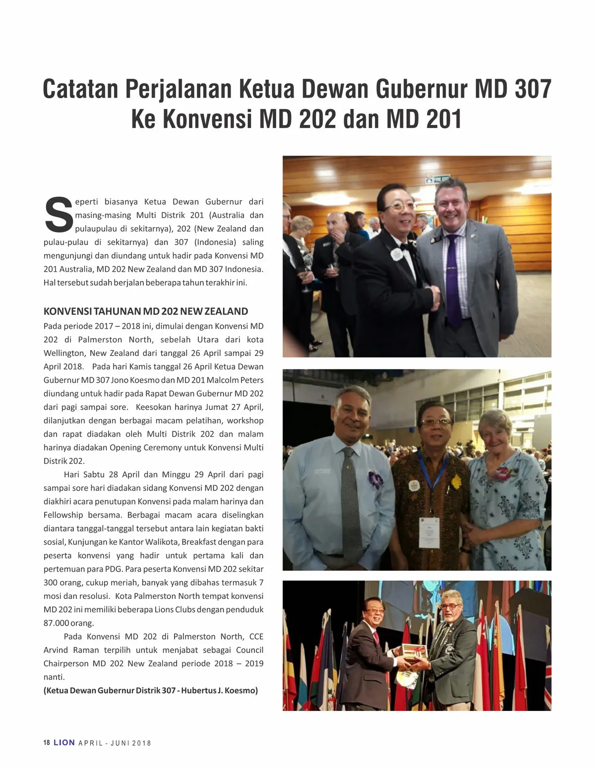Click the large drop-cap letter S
click(x=59, y=215)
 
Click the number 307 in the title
click(x=531, y=89)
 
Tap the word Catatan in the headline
click(x=80, y=89)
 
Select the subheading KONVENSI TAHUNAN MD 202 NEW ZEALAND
click(x=146, y=311)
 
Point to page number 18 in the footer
click(x=47, y=743)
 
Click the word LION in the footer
click(x=64, y=743)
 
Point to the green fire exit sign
click(x=440, y=179)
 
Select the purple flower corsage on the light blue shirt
click(x=375, y=480)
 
